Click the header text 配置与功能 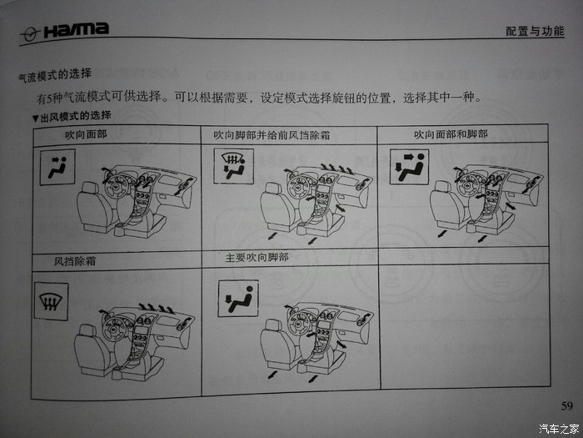click(535, 32)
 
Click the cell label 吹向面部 click(85, 133)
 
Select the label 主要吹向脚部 click(257, 258)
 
